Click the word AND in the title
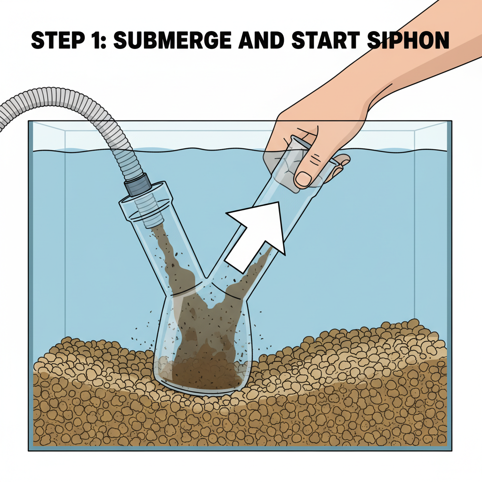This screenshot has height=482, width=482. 256,41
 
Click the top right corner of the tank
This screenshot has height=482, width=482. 451,122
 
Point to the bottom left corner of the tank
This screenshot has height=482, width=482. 29,450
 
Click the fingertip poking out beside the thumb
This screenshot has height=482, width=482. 343,161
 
